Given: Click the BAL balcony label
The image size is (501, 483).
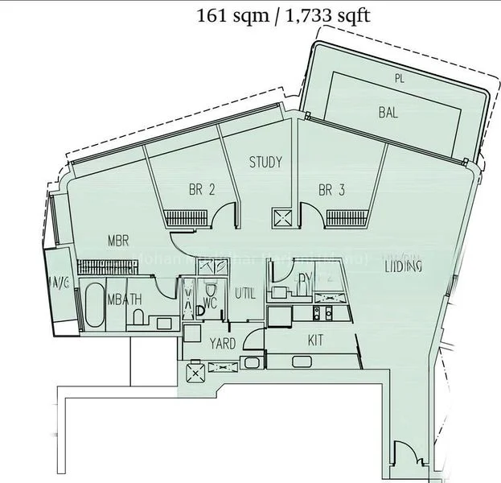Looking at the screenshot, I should [x=388, y=113].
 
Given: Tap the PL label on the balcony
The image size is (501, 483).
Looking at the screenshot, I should [x=399, y=78].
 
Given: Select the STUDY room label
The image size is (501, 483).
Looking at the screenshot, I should [x=265, y=163].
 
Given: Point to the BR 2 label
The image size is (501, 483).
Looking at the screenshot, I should [x=202, y=191].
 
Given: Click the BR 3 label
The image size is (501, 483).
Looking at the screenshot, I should [x=331, y=191].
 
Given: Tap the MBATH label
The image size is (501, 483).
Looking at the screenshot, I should [x=125, y=299].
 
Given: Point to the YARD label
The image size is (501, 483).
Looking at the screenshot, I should [x=223, y=344].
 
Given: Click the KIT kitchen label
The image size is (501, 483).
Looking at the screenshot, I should [x=316, y=341].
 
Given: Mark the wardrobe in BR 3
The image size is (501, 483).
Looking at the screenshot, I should [x=348, y=217].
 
